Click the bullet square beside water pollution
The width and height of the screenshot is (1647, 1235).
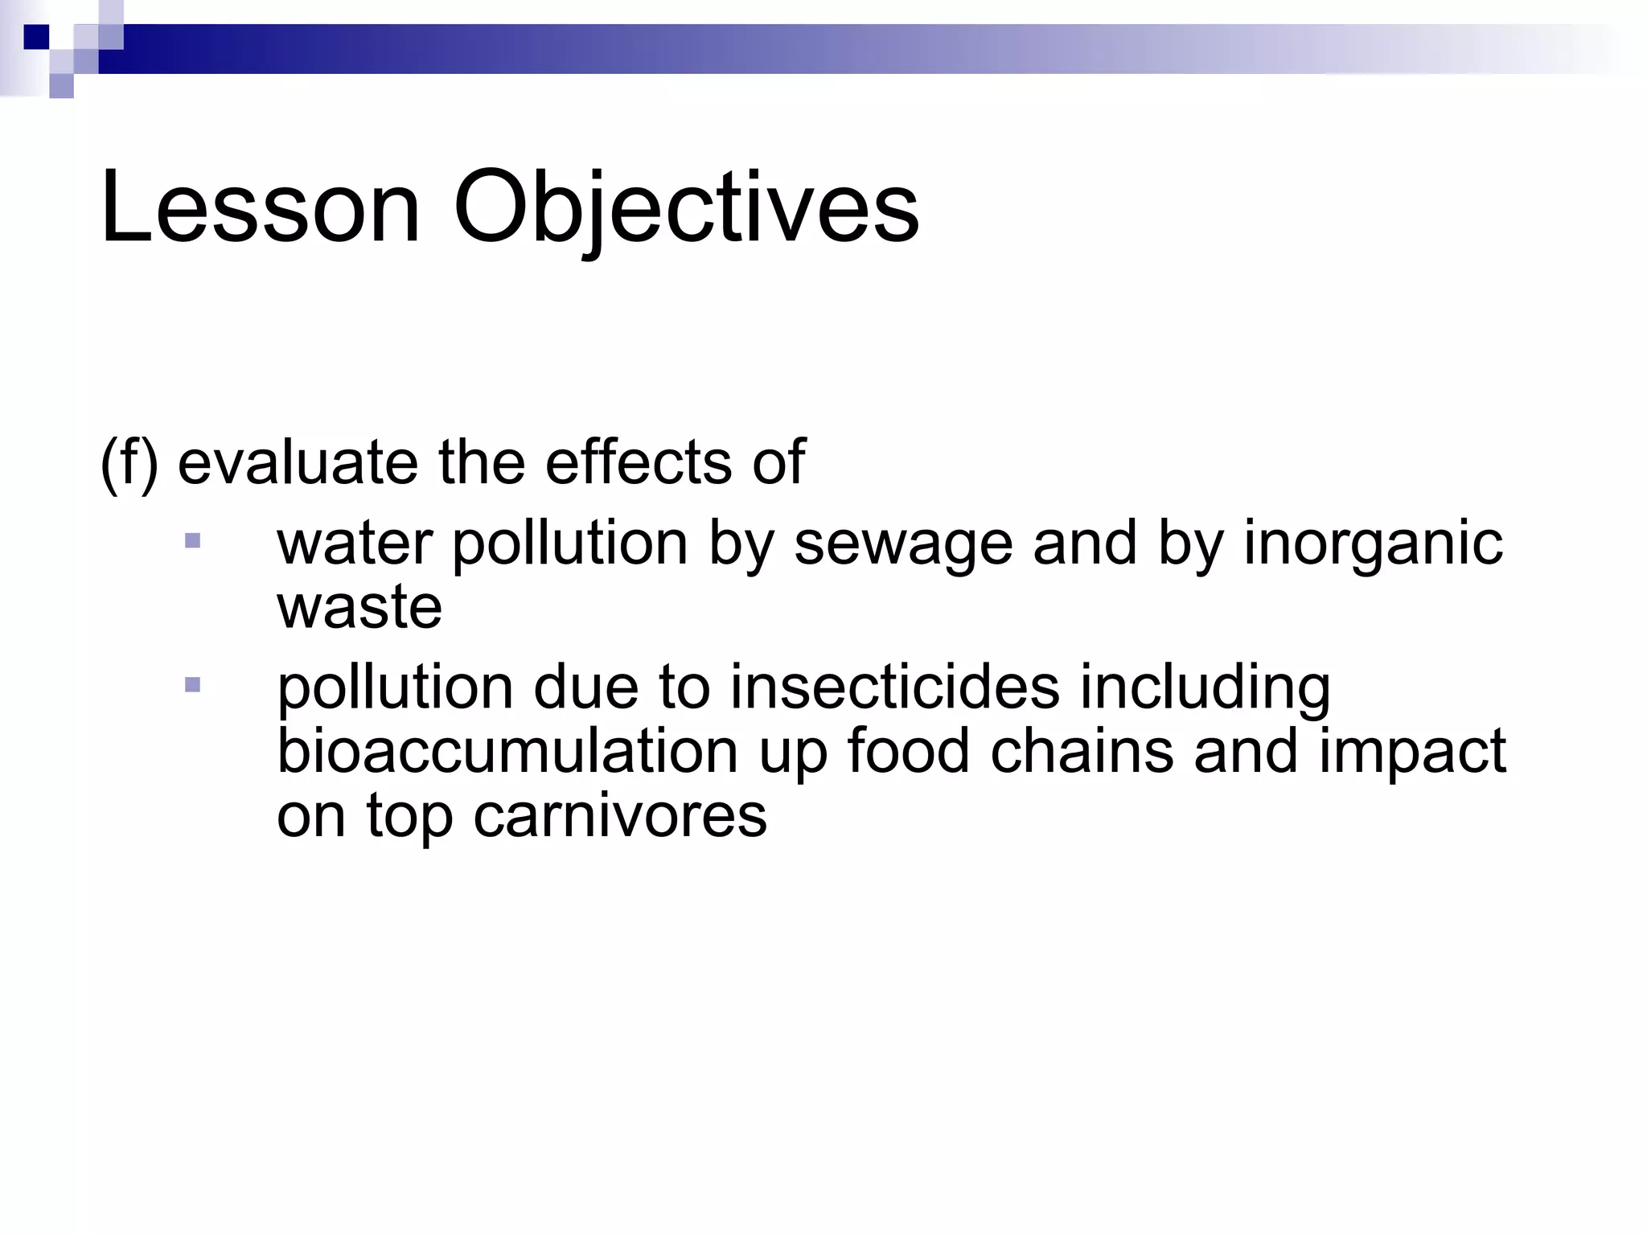(192, 540)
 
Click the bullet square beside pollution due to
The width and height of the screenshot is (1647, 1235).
(192, 685)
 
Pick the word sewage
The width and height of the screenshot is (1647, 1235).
(903, 544)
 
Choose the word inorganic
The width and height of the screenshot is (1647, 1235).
(1373, 544)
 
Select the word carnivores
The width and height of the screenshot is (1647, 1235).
(620, 815)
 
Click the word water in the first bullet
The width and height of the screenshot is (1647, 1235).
(355, 544)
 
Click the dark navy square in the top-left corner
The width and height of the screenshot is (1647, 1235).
(36, 37)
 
